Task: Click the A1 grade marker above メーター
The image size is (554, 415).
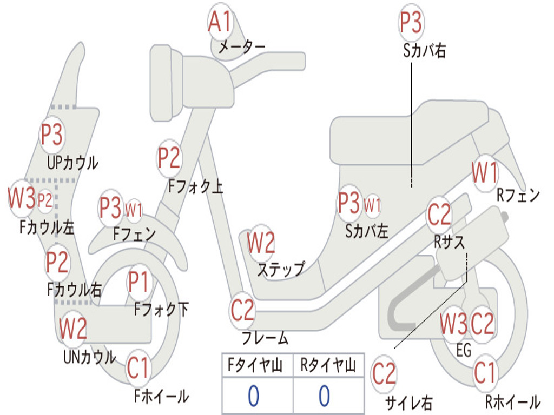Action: click(220, 23)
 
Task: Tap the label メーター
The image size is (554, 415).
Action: click(241, 48)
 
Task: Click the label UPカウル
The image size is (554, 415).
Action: click(72, 162)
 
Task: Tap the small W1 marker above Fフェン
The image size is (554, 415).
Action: click(134, 209)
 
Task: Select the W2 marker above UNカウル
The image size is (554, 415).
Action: click(73, 328)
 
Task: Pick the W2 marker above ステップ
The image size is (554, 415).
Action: click(261, 243)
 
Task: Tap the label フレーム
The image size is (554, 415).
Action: click(265, 339)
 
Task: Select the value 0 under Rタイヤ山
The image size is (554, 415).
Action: click(324, 397)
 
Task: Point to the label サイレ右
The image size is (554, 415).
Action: click(409, 402)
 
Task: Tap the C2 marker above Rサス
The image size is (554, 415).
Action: click(439, 215)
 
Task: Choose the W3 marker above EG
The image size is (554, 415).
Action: click(453, 324)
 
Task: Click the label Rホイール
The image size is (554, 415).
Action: click(512, 402)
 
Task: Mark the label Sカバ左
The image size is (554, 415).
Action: click(367, 231)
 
